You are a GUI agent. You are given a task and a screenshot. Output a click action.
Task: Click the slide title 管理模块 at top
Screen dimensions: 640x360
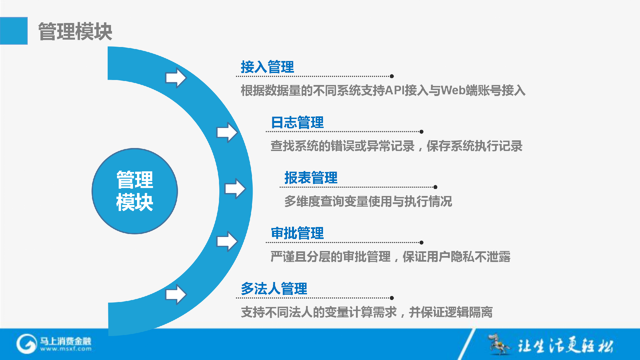tap(75, 32)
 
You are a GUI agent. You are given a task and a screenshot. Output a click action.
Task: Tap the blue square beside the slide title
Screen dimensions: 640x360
tap(14, 31)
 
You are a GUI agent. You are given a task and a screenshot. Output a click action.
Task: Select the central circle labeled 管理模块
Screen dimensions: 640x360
tap(135, 191)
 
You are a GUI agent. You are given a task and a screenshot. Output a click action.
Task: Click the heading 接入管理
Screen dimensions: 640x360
tap(267, 67)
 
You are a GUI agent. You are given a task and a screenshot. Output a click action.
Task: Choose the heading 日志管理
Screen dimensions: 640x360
tap(297, 122)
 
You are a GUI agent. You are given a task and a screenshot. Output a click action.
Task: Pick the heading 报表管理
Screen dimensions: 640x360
tap(311, 178)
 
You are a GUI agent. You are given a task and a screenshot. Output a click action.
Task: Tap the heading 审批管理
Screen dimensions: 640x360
tap(297, 233)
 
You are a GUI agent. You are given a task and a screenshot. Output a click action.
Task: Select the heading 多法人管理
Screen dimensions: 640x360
tap(274, 289)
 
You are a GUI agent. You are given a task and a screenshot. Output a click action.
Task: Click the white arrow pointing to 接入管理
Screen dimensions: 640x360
tap(176, 78)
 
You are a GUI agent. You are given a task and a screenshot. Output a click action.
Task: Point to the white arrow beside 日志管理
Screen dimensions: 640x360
tap(227, 132)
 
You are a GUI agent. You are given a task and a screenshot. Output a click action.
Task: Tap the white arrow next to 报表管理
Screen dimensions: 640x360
tap(235, 189)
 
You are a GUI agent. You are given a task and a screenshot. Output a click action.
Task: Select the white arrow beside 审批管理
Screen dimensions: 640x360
tap(227, 241)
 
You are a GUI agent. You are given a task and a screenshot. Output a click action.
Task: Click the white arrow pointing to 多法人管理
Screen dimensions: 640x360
tap(176, 295)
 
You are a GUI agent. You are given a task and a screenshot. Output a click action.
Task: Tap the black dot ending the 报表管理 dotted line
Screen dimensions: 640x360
tap(435, 187)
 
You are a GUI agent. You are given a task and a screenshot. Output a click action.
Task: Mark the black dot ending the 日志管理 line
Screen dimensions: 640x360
tap(422, 132)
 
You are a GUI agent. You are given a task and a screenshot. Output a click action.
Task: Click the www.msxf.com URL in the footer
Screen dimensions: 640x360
tap(66, 349)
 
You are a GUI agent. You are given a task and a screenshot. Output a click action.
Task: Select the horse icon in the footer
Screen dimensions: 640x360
tap(499, 344)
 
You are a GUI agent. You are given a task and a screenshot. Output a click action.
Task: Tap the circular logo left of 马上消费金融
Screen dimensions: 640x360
tap(26, 344)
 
